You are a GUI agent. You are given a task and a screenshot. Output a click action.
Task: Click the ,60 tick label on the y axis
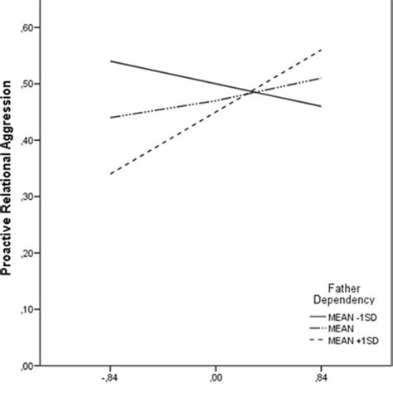(27, 27)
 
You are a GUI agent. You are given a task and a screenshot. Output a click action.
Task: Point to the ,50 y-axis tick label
(27, 84)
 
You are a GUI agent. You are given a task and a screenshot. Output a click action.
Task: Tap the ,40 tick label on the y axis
(27, 140)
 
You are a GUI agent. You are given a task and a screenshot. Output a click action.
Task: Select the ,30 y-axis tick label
(27, 196)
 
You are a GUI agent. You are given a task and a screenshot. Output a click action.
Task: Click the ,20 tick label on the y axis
(27, 253)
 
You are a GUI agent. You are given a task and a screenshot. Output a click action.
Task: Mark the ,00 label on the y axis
(27, 365)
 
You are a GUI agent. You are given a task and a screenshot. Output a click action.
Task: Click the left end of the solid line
(111, 61)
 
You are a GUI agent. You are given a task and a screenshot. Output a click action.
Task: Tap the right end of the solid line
(322, 106)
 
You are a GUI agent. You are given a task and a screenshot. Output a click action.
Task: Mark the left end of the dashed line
(111, 174)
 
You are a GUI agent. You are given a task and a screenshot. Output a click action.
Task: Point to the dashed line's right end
(322, 50)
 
